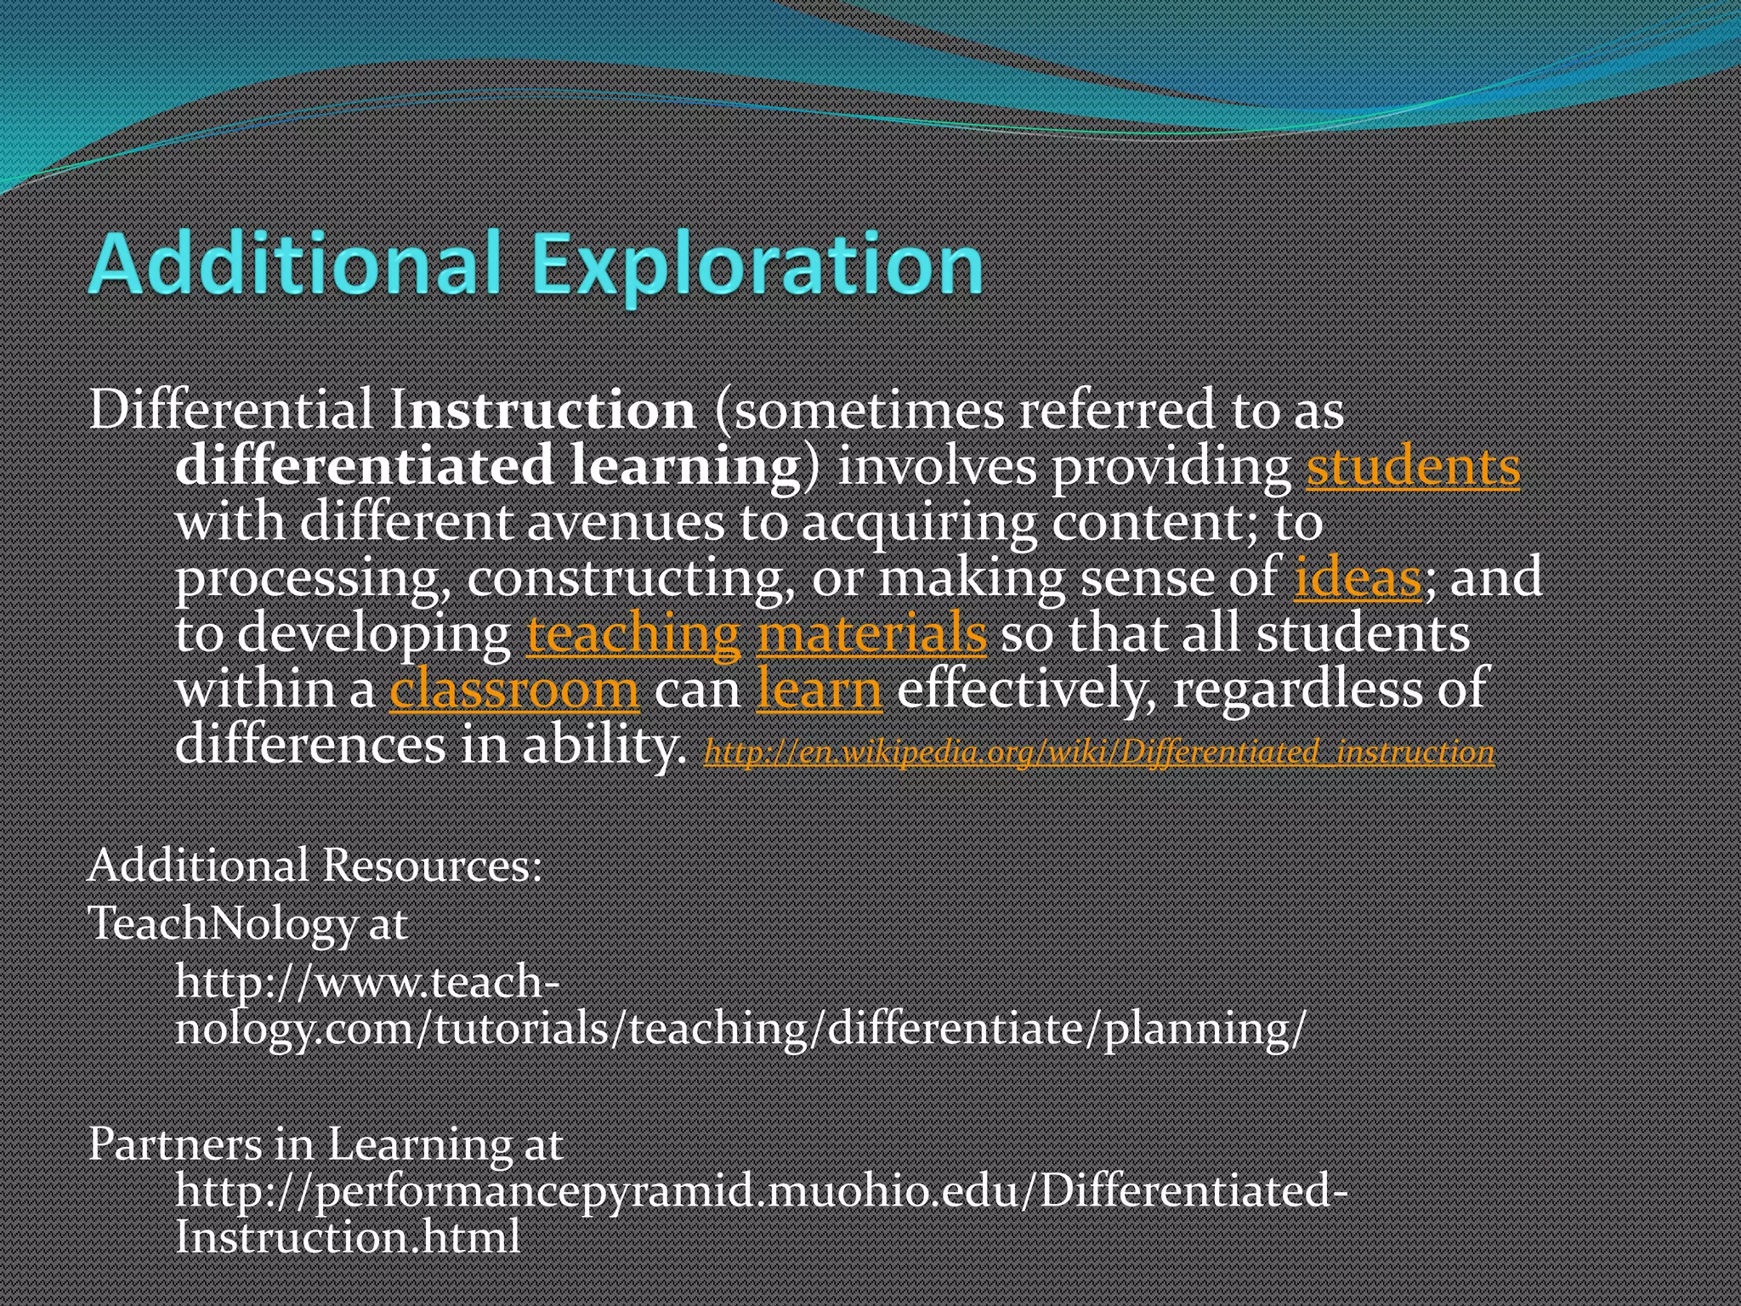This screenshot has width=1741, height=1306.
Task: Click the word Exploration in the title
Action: pyautogui.click(x=757, y=265)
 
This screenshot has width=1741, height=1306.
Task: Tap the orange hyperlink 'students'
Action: pyautogui.click(x=1412, y=468)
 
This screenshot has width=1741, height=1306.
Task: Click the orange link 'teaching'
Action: pyautogui.click(x=633, y=634)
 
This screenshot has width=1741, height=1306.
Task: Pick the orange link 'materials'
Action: pyautogui.click(x=871, y=634)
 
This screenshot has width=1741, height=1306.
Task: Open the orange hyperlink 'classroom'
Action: pyautogui.click(x=513, y=690)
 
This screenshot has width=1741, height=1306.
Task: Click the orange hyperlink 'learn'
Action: pyautogui.click(x=819, y=690)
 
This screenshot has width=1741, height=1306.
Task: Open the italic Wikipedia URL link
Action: pyautogui.click(x=1098, y=752)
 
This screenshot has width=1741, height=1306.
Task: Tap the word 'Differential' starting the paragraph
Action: pyautogui.click(x=231, y=411)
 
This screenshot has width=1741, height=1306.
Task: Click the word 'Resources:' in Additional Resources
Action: pyautogui.click(x=432, y=866)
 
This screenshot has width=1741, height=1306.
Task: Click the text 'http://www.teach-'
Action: pyautogui.click(x=367, y=983)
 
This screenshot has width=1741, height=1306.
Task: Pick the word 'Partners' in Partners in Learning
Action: pyautogui.click(x=176, y=1144)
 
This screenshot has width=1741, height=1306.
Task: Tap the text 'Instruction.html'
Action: pyautogui.click(x=347, y=1236)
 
